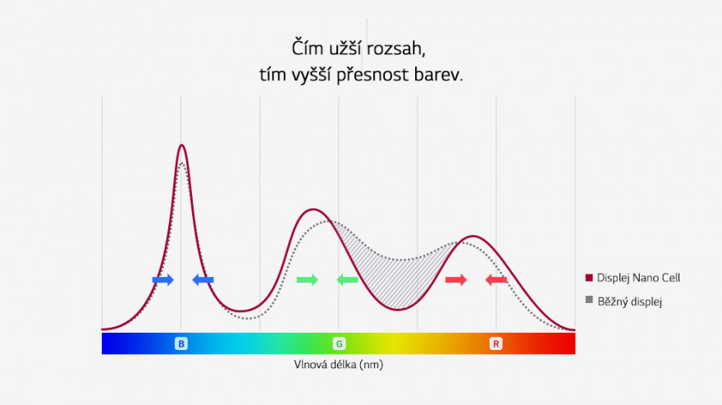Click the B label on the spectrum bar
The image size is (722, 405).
tap(181, 343)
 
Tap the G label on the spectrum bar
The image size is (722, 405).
tap(339, 343)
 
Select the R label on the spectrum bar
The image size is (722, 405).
tap(496, 343)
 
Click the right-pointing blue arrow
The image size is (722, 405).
tap(163, 279)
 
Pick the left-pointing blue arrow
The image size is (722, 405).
tap(203, 279)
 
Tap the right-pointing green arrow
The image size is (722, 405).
tap(307, 279)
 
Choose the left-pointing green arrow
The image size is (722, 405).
tap(347, 279)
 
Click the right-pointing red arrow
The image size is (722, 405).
tap(456, 279)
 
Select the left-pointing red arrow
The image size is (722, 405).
tap(496, 279)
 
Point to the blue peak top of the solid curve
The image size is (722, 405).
tap(182, 145)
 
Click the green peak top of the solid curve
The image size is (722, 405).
tap(313, 209)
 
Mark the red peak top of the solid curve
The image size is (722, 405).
tap(473, 237)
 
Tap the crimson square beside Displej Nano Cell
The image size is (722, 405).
tap(589, 278)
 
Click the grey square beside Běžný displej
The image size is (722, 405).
tap(589, 300)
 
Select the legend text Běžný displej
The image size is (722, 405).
tap(629, 301)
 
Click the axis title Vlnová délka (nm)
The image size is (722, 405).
tap(338, 365)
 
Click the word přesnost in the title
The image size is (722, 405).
tap(372, 76)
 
